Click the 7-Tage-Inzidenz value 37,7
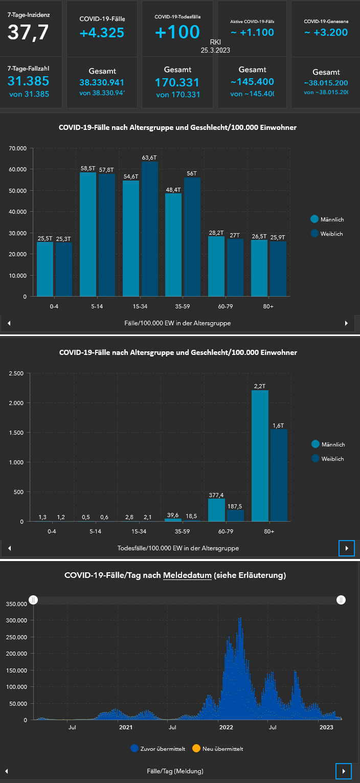coord(28,32)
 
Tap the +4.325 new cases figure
coord(102,33)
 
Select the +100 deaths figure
coord(177,32)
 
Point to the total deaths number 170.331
coord(177,82)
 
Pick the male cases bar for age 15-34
coord(130,238)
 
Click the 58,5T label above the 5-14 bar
coord(88,168)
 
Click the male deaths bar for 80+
coord(260,456)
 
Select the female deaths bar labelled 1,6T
coord(279,475)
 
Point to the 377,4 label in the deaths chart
coord(216,495)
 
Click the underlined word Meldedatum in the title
coord(187,575)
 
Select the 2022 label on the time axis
coord(226,727)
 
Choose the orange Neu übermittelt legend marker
coord(196,749)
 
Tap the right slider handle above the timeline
coord(341,600)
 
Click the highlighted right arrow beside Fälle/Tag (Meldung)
coord(344,771)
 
